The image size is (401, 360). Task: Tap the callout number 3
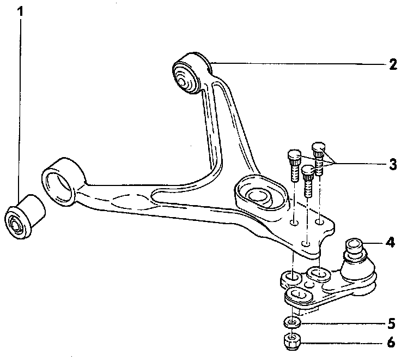(393, 164)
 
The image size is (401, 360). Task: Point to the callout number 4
(390, 242)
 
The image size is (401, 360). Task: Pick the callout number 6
(391, 344)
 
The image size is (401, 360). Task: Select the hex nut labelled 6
(293, 343)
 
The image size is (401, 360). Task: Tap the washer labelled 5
(293, 322)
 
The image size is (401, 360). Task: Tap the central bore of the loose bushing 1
(14, 224)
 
